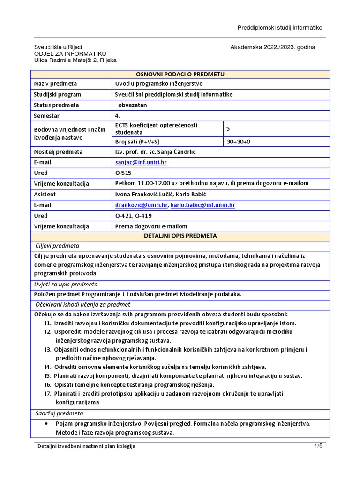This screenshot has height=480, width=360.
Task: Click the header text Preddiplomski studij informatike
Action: pos(280,28)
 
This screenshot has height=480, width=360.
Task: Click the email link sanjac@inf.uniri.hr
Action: pos(141,162)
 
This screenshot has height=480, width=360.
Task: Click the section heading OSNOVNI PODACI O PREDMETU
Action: pos(180,74)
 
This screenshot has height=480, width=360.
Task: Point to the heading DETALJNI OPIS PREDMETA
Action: pos(180,236)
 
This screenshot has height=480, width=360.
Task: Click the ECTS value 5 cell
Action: pos(228,128)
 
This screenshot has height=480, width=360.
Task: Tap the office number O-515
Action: pos(123,173)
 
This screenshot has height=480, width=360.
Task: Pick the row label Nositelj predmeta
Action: pos(58,152)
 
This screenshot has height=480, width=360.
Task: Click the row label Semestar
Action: pos(47,115)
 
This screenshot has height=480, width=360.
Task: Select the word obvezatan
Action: pos(135,105)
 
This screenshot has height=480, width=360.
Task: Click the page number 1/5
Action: pos(318,446)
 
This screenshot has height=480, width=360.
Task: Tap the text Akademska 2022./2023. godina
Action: pos(273,47)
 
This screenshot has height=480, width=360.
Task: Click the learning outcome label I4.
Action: pos(48,367)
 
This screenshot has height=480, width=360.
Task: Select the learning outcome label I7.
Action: pos(48,393)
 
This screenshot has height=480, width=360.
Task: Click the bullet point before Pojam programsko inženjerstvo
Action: pos(45,423)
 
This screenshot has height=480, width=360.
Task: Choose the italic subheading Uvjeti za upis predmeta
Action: pos(67,284)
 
